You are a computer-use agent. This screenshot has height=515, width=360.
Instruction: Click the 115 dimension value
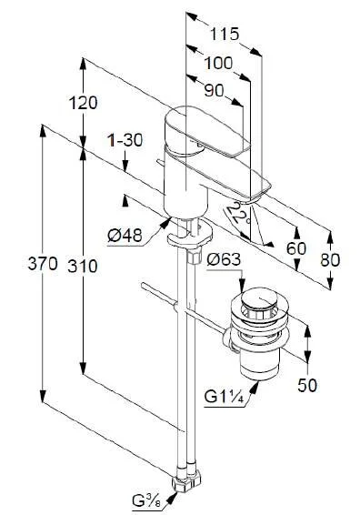[x=225, y=34]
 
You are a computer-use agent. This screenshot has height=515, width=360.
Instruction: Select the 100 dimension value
[x=218, y=63]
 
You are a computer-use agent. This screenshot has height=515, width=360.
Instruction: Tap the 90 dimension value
[x=214, y=90]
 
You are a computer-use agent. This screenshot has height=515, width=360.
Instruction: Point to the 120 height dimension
[x=83, y=103]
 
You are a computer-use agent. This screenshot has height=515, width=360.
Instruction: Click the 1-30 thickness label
[x=125, y=140]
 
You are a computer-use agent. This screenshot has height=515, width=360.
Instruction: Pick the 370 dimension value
[x=43, y=264]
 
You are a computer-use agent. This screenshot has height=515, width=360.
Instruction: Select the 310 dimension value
[x=83, y=266]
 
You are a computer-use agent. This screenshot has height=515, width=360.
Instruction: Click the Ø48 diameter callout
[x=125, y=235]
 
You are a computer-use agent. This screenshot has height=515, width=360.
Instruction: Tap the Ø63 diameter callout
[x=224, y=259]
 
